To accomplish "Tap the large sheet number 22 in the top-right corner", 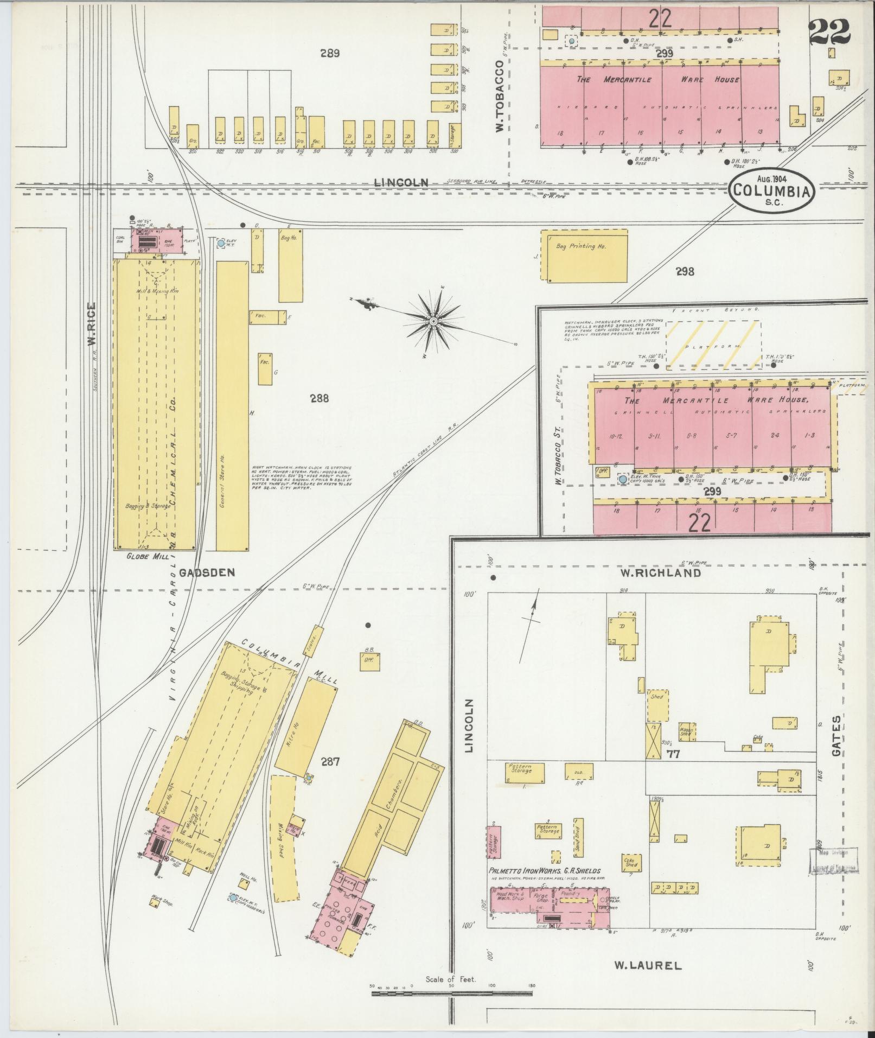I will point(829,33).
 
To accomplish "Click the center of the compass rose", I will point(433,322).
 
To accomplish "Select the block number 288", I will point(320,399).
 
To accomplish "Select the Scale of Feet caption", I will point(451,979).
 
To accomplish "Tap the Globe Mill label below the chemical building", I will point(142,556).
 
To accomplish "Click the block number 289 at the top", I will point(329,54).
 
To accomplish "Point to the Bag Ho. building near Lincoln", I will point(291,265).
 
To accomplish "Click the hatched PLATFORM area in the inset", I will point(713,345).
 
